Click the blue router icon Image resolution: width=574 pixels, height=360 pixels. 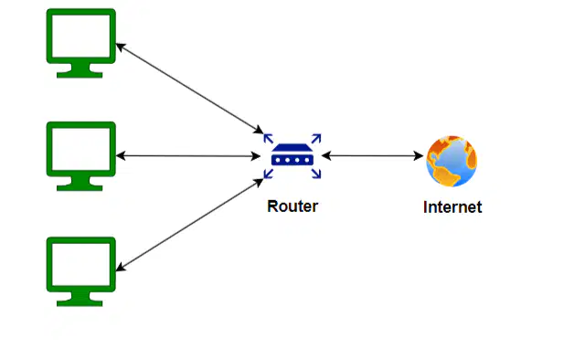pyautogui.click(x=292, y=156)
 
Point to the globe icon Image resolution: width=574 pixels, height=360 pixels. pyautogui.click(x=452, y=161)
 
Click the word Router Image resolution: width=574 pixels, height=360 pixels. pyautogui.click(x=292, y=206)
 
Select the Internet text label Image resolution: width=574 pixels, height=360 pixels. pyautogui.click(x=452, y=207)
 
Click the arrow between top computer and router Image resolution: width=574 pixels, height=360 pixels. pyautogui.click(x=189, y=89)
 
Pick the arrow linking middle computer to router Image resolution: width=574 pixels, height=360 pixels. pyautogui.click(x=188, y=156)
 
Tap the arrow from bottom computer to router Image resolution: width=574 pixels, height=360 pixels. pyautogui.click(x=189, y=225)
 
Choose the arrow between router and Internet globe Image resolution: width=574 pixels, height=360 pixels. pyautogui.click(x=372, y=156)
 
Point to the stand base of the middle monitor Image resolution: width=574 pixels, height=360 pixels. pyautogui.click(x=80, y=187)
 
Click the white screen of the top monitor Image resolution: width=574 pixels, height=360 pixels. pyautogui.click(x=81, y=36)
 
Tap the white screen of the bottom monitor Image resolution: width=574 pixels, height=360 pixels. pyautogui.click(x=81, y=264)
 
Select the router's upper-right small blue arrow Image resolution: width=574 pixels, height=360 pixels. pyautogui.click(x=316, y=139)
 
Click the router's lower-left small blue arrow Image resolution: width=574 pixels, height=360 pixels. pyautogui.click(x=269, y=174)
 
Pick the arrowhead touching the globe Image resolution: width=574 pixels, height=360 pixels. pyautogui.click(x=419, y=156)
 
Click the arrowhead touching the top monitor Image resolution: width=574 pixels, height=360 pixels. pyautogui.click(x=121, y=47)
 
